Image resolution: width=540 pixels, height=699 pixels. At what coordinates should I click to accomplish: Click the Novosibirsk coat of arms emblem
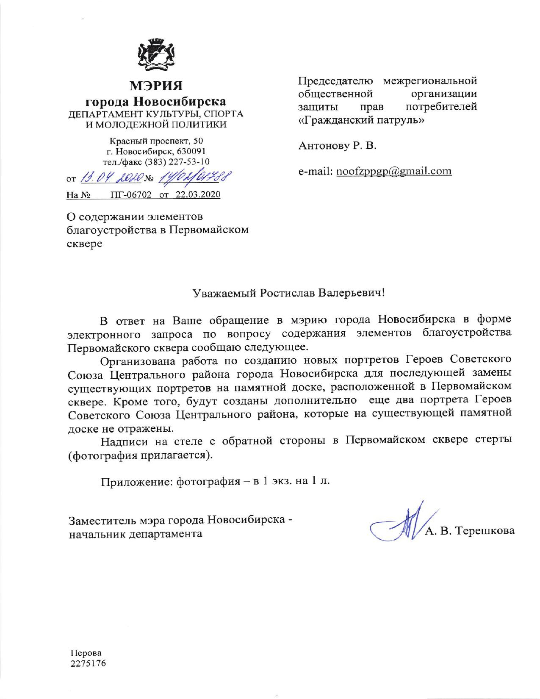point(155,53)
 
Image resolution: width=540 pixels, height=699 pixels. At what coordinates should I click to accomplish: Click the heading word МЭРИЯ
point(156,86)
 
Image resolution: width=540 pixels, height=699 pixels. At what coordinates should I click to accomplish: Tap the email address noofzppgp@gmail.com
point(393,171)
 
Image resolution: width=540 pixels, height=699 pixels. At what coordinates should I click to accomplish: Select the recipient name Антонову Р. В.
point(338,146)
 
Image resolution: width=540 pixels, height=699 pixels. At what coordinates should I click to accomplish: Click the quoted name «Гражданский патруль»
point(361,120)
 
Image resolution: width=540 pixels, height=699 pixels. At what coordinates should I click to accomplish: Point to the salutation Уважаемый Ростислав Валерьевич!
point(288,293)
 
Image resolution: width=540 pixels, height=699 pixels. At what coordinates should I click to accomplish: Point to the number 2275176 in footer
point(88,663)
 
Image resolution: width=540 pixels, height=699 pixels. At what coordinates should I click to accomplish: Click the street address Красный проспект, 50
point(156,141)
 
